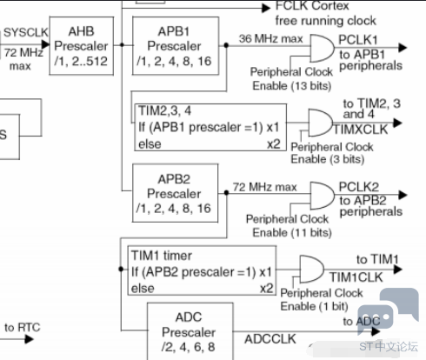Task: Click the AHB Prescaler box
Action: tap(82, 46)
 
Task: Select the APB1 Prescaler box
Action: tap(176, 46)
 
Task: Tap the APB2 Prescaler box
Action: tap(175, 193)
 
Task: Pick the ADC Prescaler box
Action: tap(190, 331)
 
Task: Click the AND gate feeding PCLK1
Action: tap(322, 49)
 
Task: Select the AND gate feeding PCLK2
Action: tap(322, 196)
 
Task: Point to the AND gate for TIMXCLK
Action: tap(320, 123)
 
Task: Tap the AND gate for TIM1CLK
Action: tap(311, 269)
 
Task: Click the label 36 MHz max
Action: tap(270, 38)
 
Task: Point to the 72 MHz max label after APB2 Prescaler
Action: tap(265, 187)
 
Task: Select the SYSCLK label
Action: tap(26, 32)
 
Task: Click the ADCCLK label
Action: tap(270, 339)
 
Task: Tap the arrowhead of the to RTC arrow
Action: tap(29, 339)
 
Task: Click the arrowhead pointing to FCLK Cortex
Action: tap(266, 8)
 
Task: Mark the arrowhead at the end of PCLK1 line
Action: tap(403, 48)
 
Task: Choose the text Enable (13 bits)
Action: tap(292, 86)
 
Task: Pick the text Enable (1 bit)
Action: tap(314, 306)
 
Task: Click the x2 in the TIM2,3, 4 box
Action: tap(274, 143)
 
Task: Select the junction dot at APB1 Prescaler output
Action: tap(226, 45)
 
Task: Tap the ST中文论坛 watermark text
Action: tap(389, 346)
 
